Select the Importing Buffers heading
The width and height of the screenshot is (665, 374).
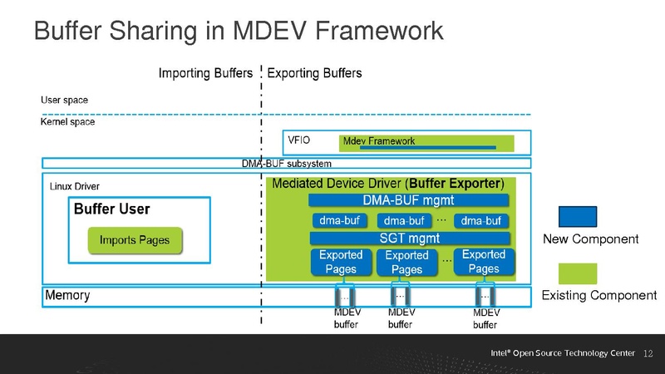tap(205, 73)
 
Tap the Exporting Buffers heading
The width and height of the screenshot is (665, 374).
tap(315, 73)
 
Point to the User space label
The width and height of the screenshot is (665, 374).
tap(64, 101)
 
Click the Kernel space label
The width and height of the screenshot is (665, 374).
tap(68, 121)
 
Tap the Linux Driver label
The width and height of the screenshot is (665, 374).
tap(75, 185)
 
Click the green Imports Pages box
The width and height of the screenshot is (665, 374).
tap(134, 240)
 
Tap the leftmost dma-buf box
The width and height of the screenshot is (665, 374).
tap(339, 220)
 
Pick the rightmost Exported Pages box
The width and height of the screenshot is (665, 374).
tap(483, 262)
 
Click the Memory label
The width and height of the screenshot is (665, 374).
tap(67, 296)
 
